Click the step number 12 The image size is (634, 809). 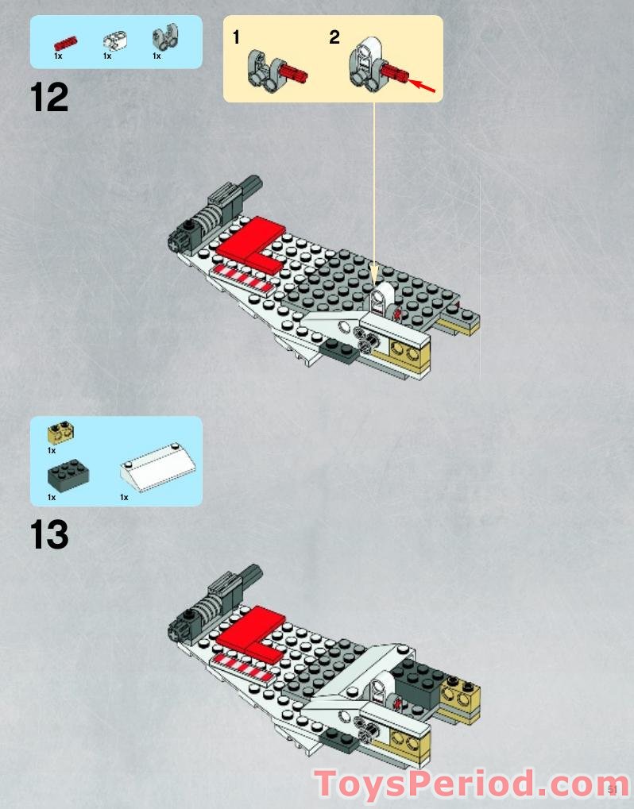(49, 98)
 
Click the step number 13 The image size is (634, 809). (49, 535)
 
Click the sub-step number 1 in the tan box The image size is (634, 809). (236, 37)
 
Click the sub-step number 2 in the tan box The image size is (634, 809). (334, 37)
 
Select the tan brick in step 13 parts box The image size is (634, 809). (60, 432)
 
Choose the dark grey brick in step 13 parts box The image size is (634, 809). (68, 475)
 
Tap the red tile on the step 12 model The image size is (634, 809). (249, 239)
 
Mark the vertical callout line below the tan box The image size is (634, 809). (373, 191)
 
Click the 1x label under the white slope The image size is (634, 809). (124, 497)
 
